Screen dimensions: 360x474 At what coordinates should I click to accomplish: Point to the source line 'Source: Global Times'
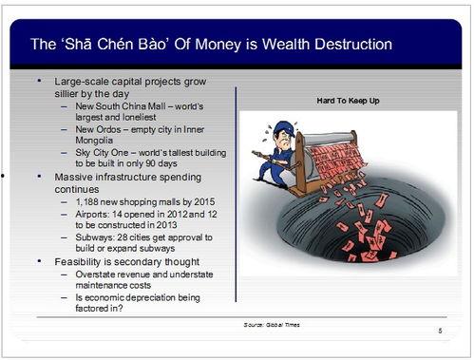272,325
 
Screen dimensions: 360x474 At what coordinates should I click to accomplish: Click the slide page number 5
440,331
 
